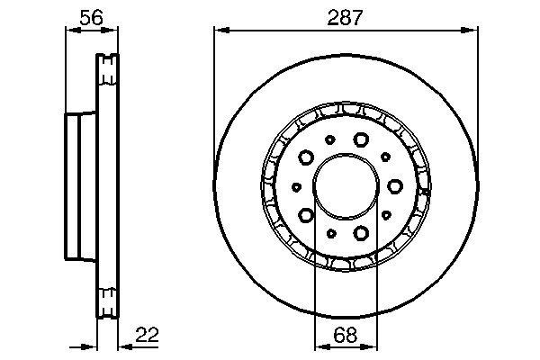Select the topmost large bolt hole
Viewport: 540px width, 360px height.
[362, 139]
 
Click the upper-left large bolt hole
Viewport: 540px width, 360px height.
[306, 157]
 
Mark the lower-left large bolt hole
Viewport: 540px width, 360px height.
[306, 215]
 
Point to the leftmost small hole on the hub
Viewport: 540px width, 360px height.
[296, 186]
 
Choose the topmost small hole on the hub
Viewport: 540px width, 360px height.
[330, 139]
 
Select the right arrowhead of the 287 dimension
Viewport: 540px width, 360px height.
[474, 30]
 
